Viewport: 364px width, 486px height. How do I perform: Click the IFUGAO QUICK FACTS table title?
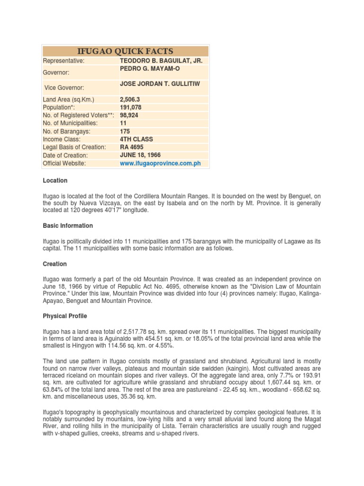tap(126, 51)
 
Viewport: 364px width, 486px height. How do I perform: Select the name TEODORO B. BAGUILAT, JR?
tap(161, 61)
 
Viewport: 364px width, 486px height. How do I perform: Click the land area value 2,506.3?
tap(130, 100)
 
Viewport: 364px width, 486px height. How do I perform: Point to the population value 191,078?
tap(131, 108)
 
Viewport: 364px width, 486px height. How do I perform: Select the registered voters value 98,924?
tap(129, 115)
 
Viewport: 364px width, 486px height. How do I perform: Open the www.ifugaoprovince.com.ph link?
tap(161, 163)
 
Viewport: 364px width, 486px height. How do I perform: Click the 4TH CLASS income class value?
tap(136, 140)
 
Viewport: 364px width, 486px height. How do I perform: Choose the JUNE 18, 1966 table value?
tap(140, 155)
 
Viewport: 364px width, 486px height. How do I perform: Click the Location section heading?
tap(55, 181)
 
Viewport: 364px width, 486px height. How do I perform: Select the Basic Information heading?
tap(68, 226)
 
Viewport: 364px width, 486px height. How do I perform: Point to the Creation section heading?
tap(55, 264)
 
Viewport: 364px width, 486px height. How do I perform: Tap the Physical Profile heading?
tap(65, 316)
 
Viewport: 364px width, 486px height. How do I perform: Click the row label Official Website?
tap(64, 163)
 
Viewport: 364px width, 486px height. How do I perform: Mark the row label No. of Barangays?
tap(66, 131)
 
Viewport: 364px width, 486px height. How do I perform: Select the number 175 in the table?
tap(125, 131)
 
